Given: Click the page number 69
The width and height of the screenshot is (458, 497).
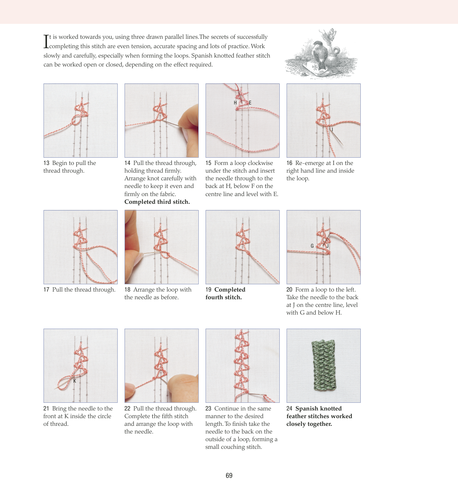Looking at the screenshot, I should pyautogui.click(x=229, y=475).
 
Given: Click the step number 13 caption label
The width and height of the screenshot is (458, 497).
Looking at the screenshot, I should pyautogui.click(x=46, y=163).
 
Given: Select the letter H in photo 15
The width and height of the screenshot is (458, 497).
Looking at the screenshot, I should pyautogui.click(x=235, y=103).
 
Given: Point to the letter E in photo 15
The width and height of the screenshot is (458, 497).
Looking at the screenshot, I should pyautogui.click(x=250, y=103).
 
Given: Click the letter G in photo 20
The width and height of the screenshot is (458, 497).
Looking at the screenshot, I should pyautogui.click(x=312, y=246).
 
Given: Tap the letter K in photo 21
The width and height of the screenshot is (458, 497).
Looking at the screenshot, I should pyautogui.click(x=75, y=381).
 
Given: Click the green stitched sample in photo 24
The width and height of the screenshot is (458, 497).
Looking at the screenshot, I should pyautogui.click(x=323, y=365).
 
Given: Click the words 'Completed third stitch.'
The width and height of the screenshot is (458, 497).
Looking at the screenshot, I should pyautogui.click(x=157, y=202).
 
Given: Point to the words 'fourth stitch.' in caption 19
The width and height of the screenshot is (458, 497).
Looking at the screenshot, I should pyautogui.click(x=223, y=298).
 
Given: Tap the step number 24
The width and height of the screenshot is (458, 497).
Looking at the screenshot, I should pyautogui.click(x=290, y=409).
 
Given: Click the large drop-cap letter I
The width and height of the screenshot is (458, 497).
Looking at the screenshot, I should pyautogui.click(x=46, y=41).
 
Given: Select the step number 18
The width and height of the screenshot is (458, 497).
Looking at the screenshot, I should pyautogui.click(x=128, y=290).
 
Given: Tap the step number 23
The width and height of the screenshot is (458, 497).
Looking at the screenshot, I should pyautogui.click(x=209, y=409).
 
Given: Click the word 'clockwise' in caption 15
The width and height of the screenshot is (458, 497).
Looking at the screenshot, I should pyautogui.click(x=260, y=163).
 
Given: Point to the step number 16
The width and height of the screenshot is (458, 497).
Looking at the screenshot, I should pyautogui.click(x=290, y=163).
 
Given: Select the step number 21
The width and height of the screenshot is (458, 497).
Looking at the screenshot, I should pyautogui.click(x=46, y=409).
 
